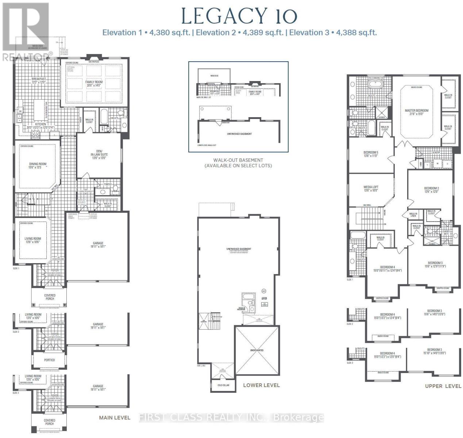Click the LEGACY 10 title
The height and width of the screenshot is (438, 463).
coord(239,16)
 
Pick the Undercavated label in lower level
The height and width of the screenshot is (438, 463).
coord(256,350)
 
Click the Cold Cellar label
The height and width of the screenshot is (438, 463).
coord(223,385)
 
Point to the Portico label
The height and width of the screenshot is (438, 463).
coord(49,360)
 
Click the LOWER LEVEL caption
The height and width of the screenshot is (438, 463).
coord(261,385)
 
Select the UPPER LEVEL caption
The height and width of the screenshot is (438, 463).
coord(443,386)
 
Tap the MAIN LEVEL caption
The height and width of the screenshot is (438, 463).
coord(115,418)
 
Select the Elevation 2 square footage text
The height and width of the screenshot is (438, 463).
coord(240,32)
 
